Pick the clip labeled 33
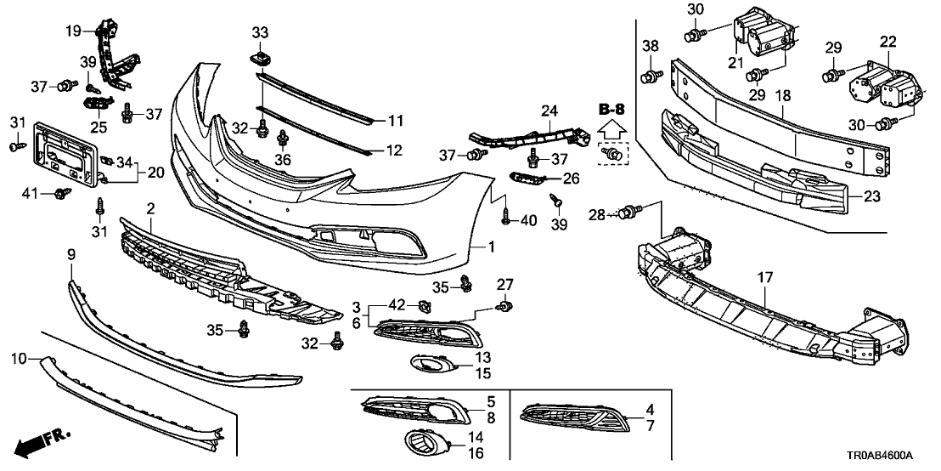[x=260, y=59]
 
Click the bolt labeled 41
[x=60, y=195]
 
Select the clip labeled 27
[x=504, y=305]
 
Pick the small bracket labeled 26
[x=525, y=176]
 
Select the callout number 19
[x=75, y=31]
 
